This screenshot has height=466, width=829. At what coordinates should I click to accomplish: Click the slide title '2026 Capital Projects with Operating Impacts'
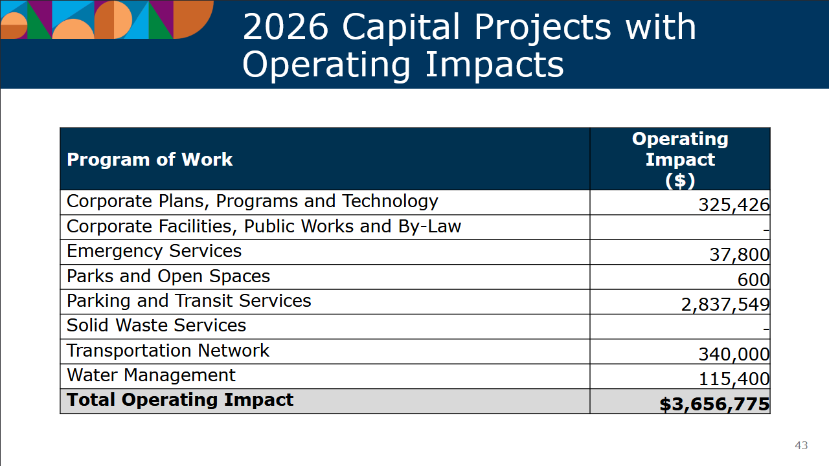click(469, 45)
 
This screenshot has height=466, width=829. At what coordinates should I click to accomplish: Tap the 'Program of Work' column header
click(150, 159)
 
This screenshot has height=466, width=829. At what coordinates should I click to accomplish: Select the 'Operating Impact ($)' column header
click(680, 159)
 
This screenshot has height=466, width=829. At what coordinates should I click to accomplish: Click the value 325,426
click(734, 205)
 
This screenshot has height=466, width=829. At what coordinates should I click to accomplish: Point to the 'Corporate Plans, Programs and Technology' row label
click(253, 201)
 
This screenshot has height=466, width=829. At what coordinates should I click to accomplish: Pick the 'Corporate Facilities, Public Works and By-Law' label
click(264, 227)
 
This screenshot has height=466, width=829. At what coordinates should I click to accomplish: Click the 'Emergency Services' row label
click(154, 251)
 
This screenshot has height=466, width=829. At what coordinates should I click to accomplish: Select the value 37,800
click(739, 255)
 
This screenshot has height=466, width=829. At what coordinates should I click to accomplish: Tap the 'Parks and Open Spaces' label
click(168, 276)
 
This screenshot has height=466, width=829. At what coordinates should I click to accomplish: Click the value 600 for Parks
click(753, 280)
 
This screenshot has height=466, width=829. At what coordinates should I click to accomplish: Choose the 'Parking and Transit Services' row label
click(189, 301)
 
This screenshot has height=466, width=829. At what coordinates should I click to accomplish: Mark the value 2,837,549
click(725, 304)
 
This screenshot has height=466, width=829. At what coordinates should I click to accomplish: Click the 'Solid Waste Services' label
click(157, 326)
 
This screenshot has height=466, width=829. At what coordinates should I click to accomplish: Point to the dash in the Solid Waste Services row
click(766, 329)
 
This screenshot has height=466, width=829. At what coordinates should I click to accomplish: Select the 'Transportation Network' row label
click(168, 351)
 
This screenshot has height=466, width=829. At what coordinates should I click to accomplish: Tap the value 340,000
click(734, 354)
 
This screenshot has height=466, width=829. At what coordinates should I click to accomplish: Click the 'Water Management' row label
click(151, 375)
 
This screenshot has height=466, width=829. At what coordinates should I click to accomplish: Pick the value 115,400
click(734, 379)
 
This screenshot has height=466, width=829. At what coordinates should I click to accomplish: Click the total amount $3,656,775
click(714, 405)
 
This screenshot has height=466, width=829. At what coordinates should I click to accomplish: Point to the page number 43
click(801, 445)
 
